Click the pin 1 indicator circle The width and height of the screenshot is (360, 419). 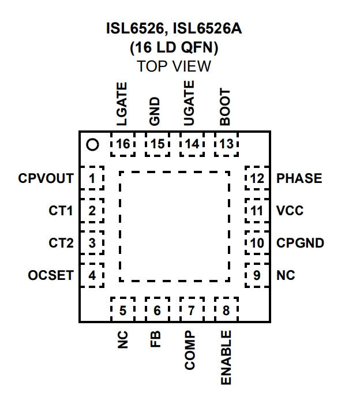pyautogui.click(x=93, y=145)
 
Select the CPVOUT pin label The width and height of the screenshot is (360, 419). pyautogui.click(x=46, y=178)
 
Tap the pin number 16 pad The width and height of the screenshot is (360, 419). pyautogui.click(x=123, y=144)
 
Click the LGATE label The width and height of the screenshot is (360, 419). pyautogui.click(x=122, y=104)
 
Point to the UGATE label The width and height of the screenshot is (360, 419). pyautogui.click(x=189, y=103)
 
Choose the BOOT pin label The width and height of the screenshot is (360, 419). pyautogui.click(x=224, y=107)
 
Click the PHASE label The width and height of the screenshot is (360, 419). pyautogui.click(x=299, y=178)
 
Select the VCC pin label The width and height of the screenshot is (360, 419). pyautogui.click(x=290, y=211)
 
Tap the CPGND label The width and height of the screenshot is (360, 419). pyautogui.click(x=300, y=243)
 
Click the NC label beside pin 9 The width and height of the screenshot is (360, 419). pyautogui.click(x=286, y=275)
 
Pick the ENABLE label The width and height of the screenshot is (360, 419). pyautogui.click(x=226, y=358)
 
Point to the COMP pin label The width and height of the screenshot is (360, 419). pyautogui.click(x=190, y=350)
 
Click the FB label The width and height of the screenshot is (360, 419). pyautogui.click(x=155, y=339)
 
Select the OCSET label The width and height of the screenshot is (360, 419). pyautogui.click(x=51, y=275)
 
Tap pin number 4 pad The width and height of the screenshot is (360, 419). pyautogui.click(x=92, y=275)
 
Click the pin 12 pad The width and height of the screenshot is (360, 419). pyautogui.click(x=257, y=178)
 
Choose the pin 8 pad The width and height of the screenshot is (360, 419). pyautogui.click(x=226, y=309)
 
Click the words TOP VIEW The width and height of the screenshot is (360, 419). pyautogui.click(x=174, y=66)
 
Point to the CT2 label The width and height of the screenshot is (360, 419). pyautogui.click(x=61, y=243)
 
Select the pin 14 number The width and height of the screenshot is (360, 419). pyautogui.click(x=192, y=144)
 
